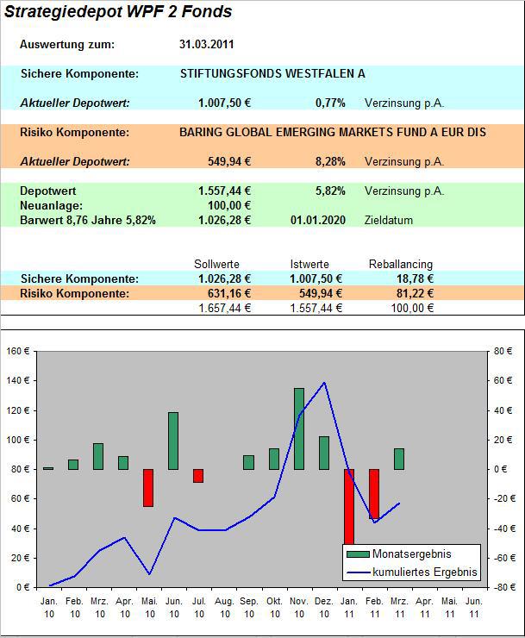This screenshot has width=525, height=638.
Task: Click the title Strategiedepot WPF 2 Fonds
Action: pyautogui.click(x=118, y=12)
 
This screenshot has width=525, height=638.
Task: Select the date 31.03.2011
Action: pyautogui.click(x=206, y=44)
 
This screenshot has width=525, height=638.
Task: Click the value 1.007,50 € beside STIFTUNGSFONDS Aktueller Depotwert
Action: pyautogui.click(x=224, y=103)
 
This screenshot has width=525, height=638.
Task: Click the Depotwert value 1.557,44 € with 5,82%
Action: pyautogui.click(x=224, y=191)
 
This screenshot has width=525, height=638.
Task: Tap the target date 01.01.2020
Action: pyautogui.click(x=318, y=220)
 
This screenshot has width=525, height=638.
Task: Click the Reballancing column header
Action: pyautogui.click(x=401, y=264)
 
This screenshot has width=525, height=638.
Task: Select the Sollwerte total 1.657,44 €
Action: pyautogui.click(x=224, y=308)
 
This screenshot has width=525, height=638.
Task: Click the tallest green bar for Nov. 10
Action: pyautogui.click(x=299, y=428)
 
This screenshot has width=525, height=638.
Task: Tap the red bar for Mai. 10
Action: pyautogui.click(x=148, y=487)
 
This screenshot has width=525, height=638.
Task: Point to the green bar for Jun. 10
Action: pyautogui.click(x=173, y=441)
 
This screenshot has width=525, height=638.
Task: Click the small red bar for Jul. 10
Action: pyautogui.click(x=198, y=476)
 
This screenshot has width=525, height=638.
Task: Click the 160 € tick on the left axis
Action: pyautogui.click(x=17, y=351)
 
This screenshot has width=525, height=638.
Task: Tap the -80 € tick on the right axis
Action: pyautogui.click(x=503, y=586)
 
